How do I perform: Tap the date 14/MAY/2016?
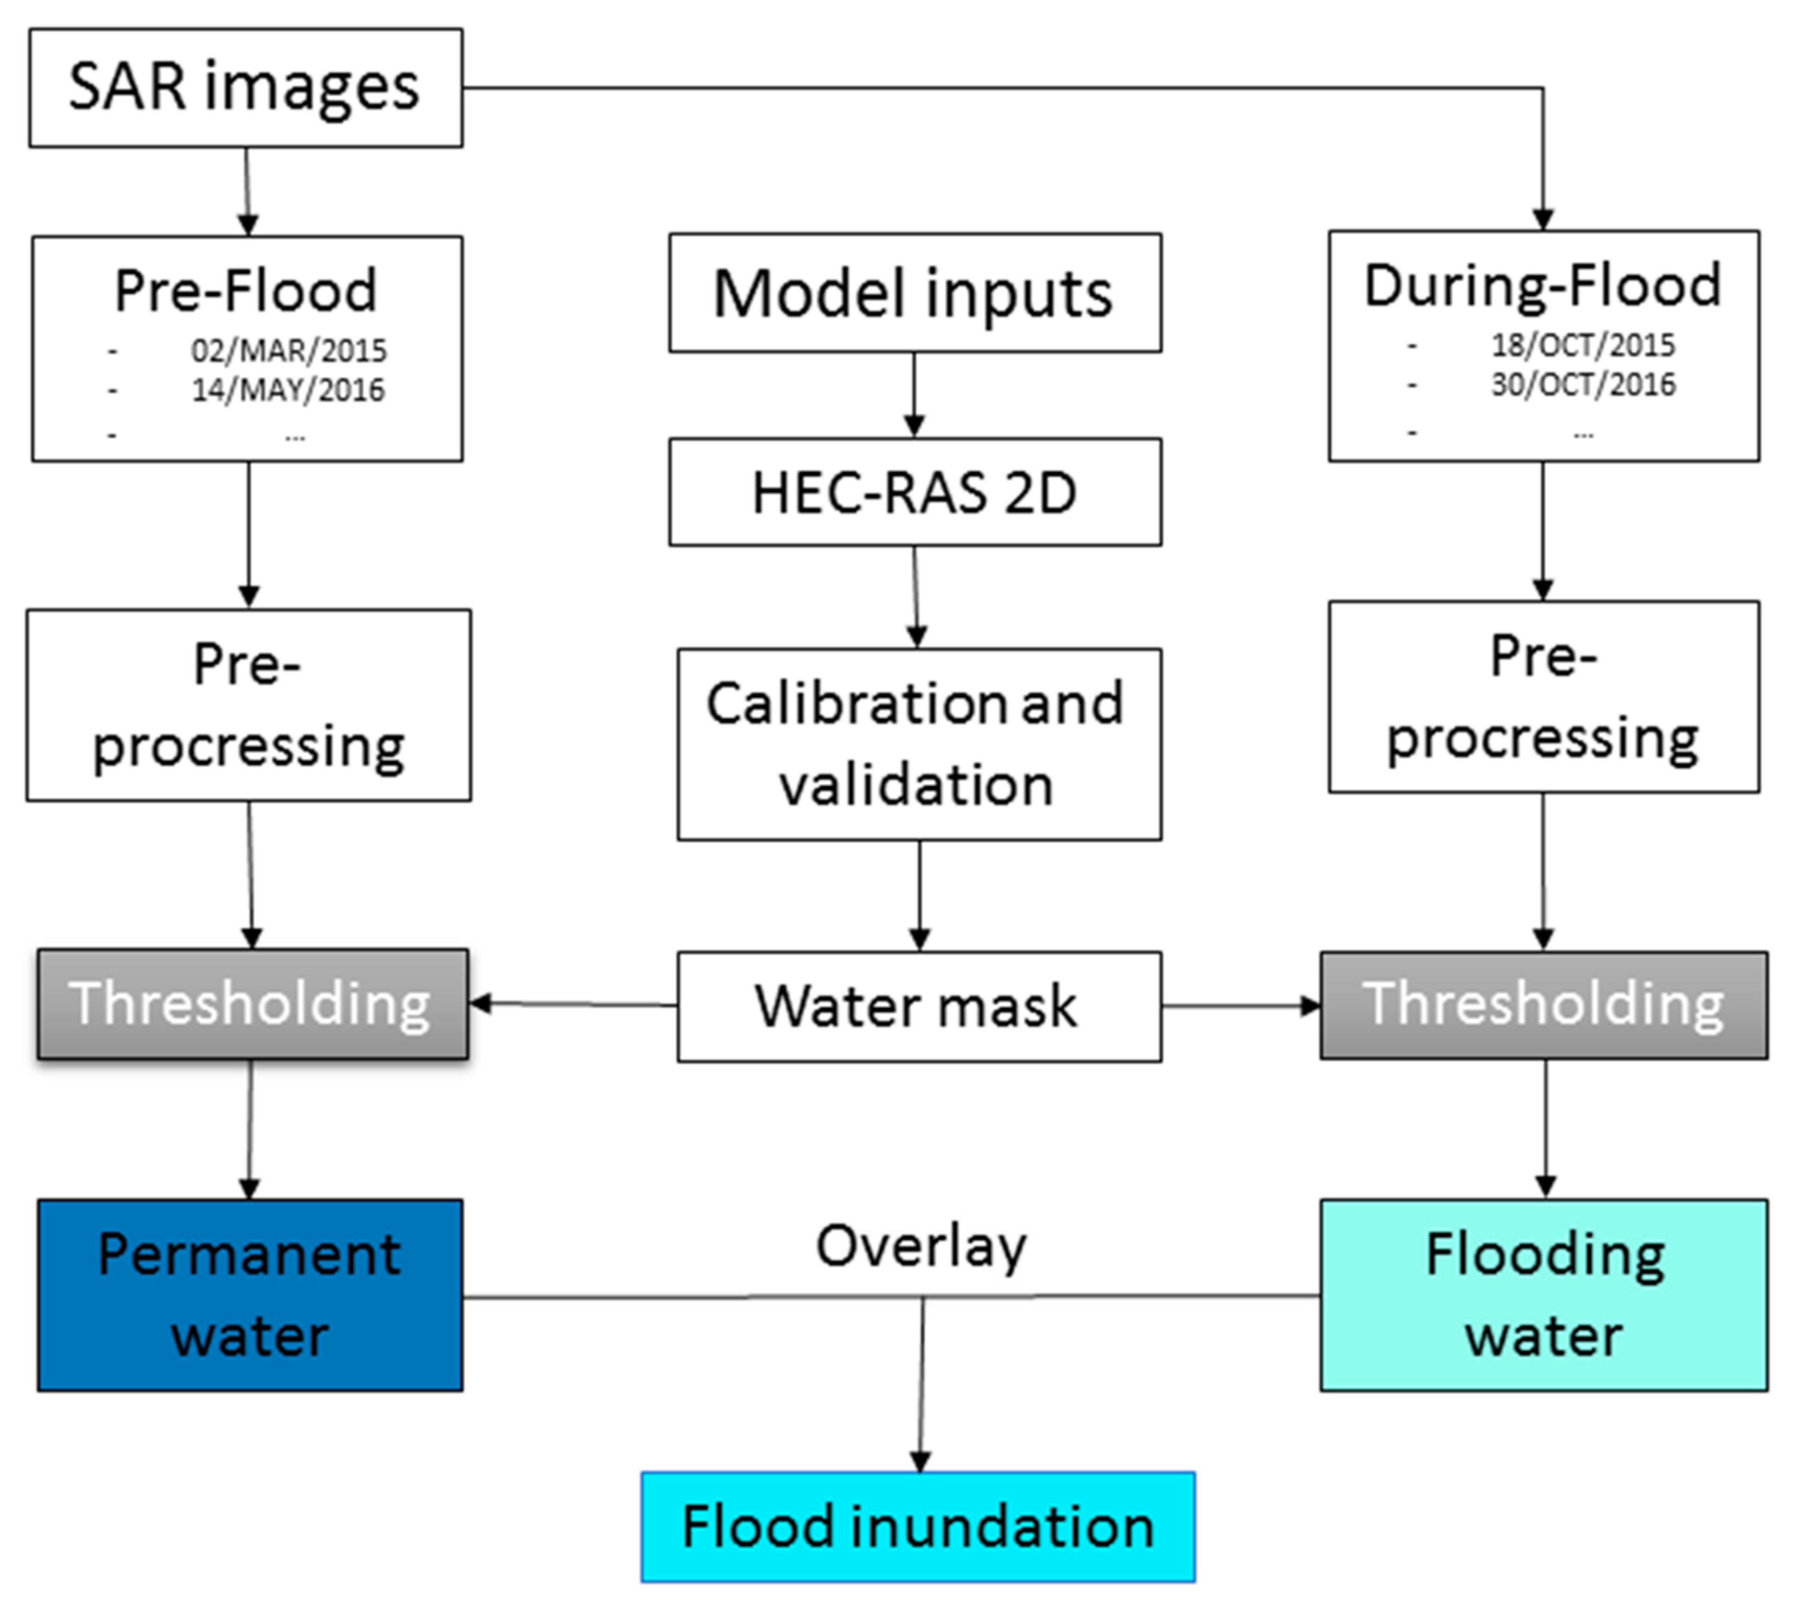[x=289, y=390]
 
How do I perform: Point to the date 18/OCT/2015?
[x=1582, y=345]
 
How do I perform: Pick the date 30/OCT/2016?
[x=1582, y=384]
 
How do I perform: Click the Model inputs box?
[x=914, y=292]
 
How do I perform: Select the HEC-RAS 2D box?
[x=914, y=492]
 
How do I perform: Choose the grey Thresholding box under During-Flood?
[x=1544, y=1005]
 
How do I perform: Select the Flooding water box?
[x=1544, y=1295]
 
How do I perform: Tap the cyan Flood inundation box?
[x=918, y=1526]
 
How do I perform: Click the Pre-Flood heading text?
[x=246, y=290]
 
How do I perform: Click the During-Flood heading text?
[x=1543, y=286]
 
